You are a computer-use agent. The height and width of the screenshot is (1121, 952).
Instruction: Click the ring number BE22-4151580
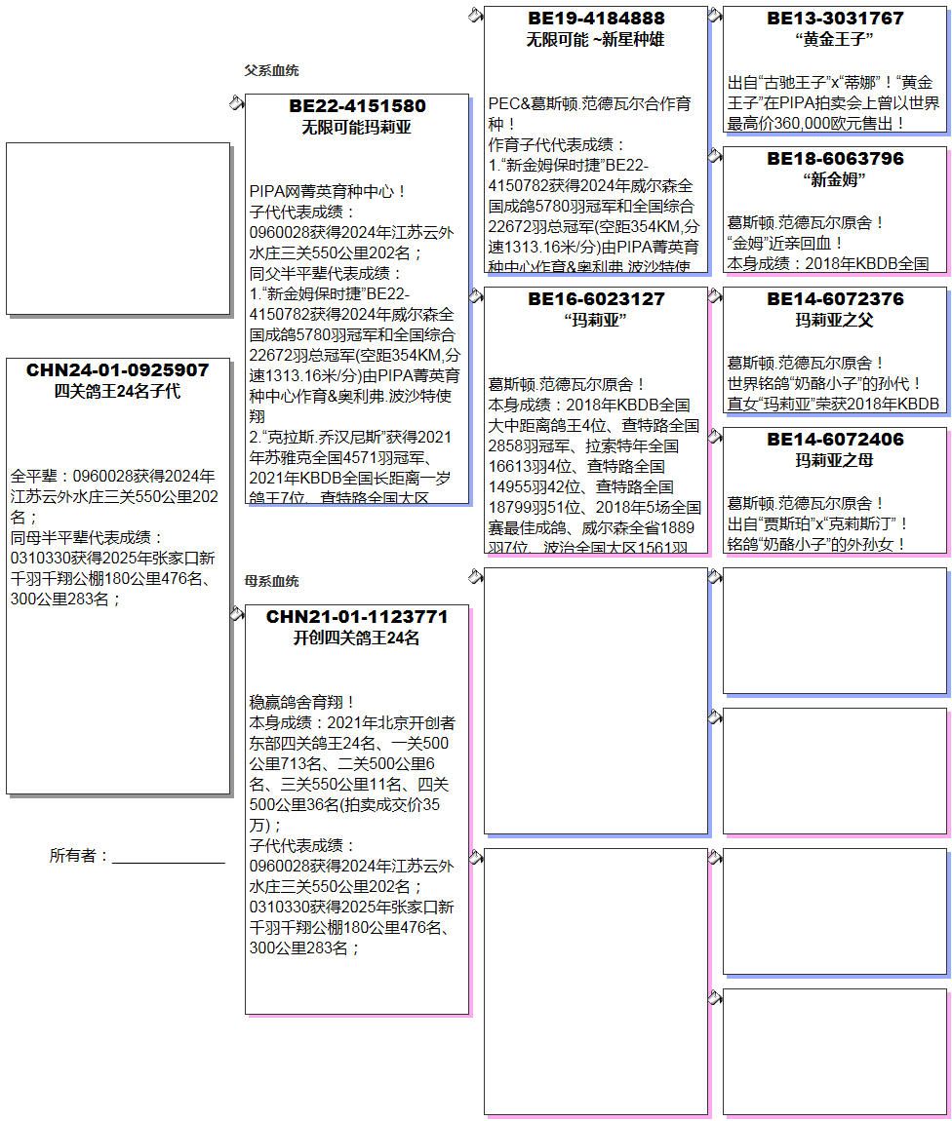point(357,106)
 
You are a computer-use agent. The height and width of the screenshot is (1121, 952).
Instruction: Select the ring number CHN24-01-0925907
point(118,370)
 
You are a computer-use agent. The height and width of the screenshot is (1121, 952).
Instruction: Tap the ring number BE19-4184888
point(596,19)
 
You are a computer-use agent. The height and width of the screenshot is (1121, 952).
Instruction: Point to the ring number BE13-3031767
point(835,19)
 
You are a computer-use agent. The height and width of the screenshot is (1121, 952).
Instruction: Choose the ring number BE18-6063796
point(835,159)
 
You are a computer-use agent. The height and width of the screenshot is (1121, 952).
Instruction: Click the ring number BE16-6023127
point(596,299)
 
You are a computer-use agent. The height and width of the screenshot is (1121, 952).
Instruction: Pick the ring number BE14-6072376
point(835,299)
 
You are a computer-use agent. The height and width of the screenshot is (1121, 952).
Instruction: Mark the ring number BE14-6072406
point(835,440)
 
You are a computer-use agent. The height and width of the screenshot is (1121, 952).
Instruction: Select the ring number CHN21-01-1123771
point(357,617)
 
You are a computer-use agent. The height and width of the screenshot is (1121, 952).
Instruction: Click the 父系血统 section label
point(271,71)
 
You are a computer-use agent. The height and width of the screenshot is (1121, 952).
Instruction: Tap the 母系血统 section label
point(271,582)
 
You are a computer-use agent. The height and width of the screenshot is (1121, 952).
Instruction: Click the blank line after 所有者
point(168,857)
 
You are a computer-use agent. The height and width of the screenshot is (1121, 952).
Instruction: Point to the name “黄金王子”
point(835,40)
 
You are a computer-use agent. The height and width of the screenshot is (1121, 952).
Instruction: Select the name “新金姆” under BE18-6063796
point(835,180)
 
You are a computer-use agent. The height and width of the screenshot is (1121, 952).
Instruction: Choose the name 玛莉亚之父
point(835,320)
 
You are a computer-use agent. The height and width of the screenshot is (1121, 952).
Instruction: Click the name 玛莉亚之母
point(835,460)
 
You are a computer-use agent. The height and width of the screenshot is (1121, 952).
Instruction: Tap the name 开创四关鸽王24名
point(357,638)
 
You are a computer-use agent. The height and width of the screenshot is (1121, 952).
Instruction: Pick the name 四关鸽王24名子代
point(118,392)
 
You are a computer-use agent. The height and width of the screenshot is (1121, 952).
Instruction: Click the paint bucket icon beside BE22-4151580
point(236,103)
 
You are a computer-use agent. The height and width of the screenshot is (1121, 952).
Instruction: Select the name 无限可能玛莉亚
point(357,128)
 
